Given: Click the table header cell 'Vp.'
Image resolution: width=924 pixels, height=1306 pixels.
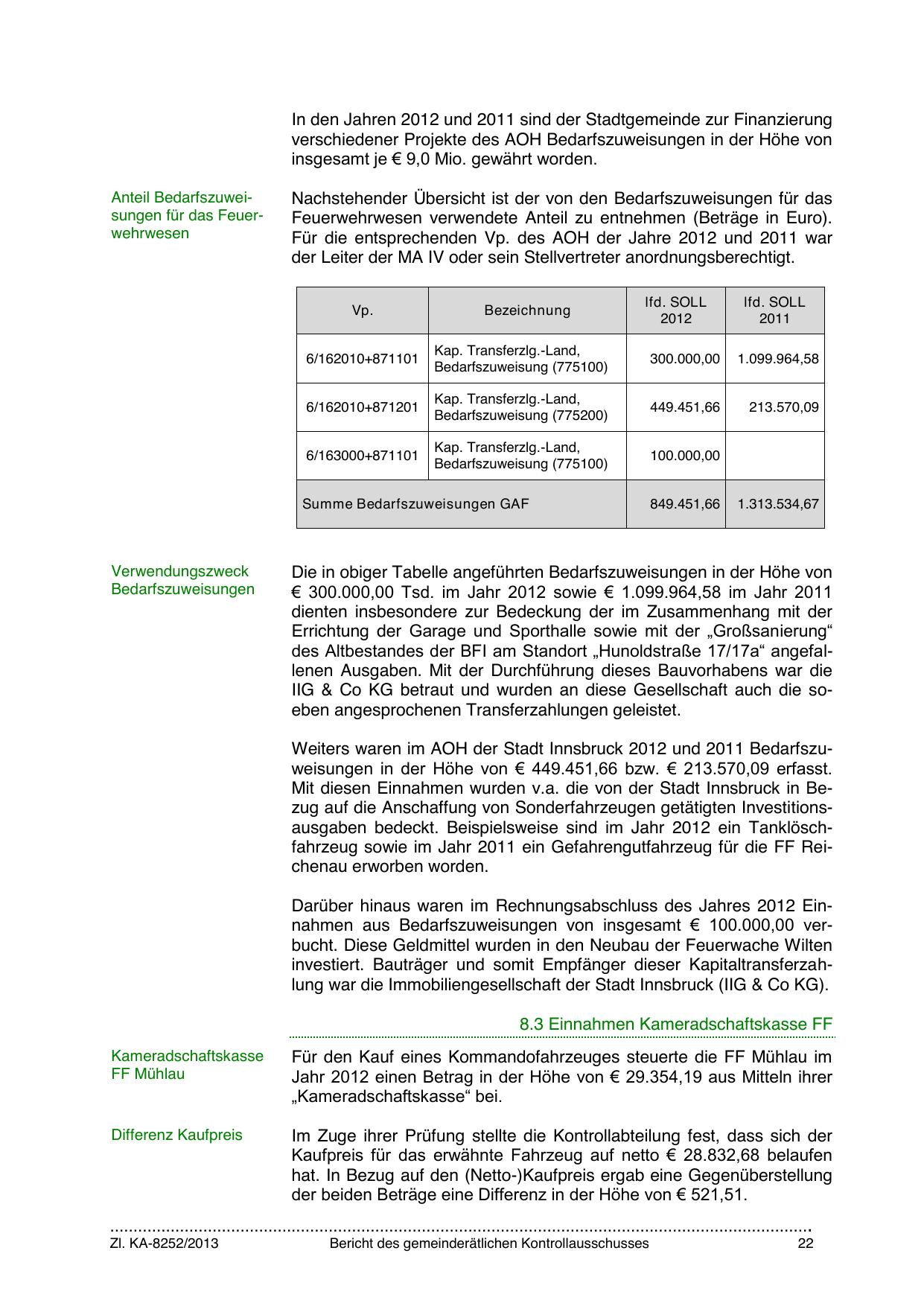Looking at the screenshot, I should pyautogui.click(x=362, y=310).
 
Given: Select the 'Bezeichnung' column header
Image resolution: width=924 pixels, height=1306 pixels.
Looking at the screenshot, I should pyautogui.click(x=527, y=310).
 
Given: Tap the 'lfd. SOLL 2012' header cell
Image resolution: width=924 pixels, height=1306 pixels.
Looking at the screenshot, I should pyautogui.click(x=675, y=310).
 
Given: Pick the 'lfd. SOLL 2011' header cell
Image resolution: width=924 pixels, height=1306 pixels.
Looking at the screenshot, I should pyautogui.click(x=774, y=310).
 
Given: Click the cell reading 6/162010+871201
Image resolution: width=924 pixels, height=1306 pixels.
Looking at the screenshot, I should pyautogui.click(x=362, y=407).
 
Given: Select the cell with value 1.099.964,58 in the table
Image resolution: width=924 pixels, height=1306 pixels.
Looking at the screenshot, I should pyautogui.click(x=777, y=359).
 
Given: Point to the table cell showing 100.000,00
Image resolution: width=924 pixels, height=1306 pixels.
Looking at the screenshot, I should pyautogui.click(x=684, y=456).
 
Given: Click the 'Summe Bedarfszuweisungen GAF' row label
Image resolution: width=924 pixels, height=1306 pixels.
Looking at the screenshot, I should pyautogui.click(x=415, y=504).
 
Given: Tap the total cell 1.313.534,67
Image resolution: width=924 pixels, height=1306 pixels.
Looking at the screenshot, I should pyautogui.click(x=777, y=504).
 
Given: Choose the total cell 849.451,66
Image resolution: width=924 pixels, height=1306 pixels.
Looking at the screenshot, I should pyautogui.click(x=684, y=504).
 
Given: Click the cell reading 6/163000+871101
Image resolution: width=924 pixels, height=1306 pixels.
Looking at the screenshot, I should pyautogui.click(x=362, y=456).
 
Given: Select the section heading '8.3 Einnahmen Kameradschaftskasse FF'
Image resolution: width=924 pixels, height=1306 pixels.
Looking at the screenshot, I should pyautogui.click(x=675, y=1024).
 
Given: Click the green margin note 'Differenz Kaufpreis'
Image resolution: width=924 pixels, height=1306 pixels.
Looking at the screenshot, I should pyautogui.click(x=176, y=1135).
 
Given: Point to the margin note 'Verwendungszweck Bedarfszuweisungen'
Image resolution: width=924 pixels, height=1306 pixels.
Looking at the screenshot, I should pyautogui.click(x=182, y=581).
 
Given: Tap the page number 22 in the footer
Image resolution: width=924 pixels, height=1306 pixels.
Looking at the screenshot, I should pyautogui.click(x=805, y=1243).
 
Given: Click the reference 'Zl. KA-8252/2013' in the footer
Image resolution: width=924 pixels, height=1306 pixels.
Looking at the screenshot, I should pyautogui.click(x=165, y=1243).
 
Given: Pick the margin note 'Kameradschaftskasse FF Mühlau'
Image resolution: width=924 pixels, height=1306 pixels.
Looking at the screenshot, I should pyautogui.click(x=187, y=1065).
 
